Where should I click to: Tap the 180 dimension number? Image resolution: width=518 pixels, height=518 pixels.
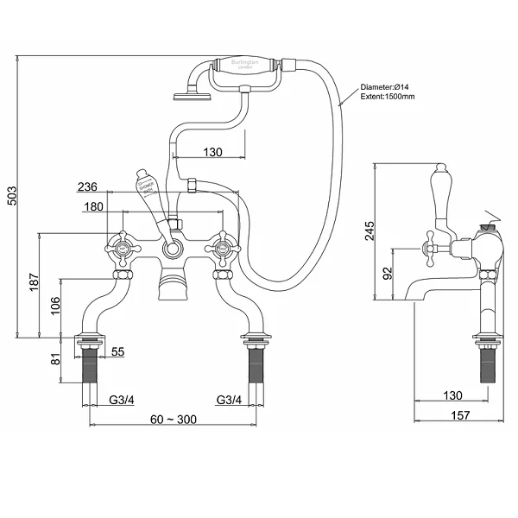(96, 206)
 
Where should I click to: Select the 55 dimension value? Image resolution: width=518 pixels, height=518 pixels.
(118, 353)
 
